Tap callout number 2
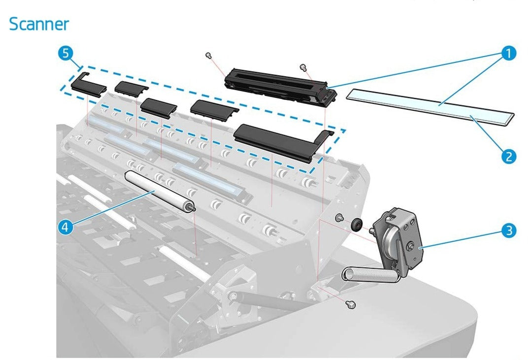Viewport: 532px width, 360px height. pos(508,157)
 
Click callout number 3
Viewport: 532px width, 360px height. pos(508,230)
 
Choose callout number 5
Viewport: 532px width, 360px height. pos(66,54)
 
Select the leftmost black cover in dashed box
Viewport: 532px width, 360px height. pos(88,86)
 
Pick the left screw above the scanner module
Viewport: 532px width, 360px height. pos(209,55)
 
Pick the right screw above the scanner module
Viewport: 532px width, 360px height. pos(302,66)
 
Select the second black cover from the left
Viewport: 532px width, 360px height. pos(131,87)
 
